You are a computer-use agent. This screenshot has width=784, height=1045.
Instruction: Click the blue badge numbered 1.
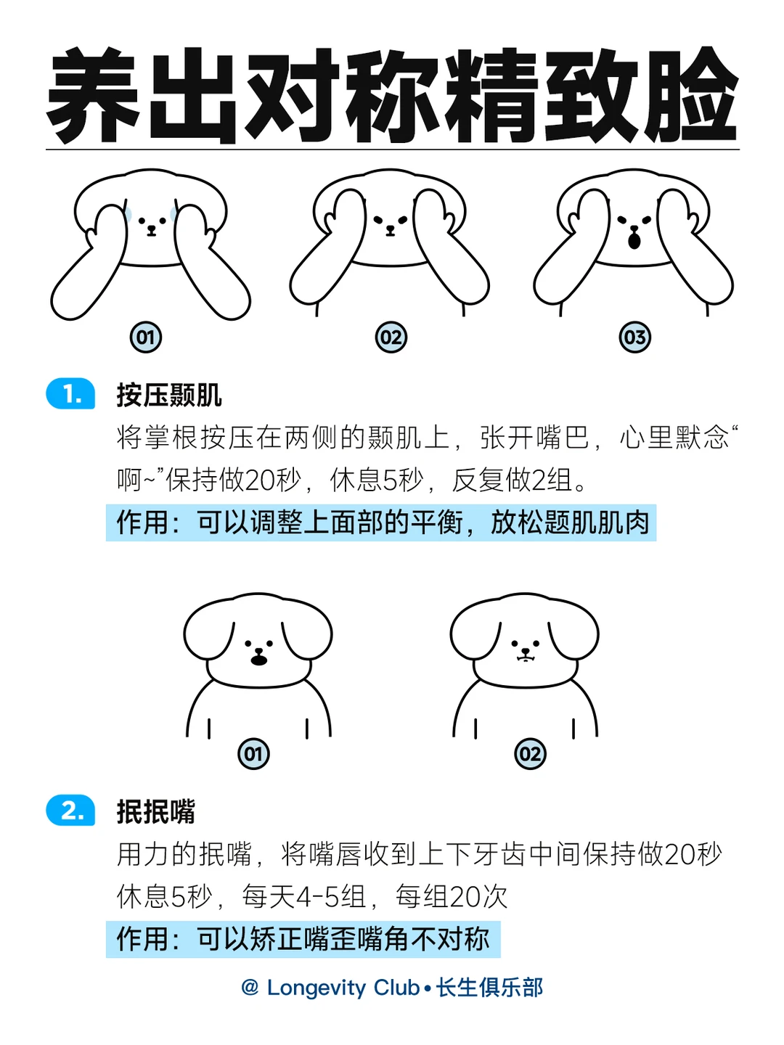(70, 393)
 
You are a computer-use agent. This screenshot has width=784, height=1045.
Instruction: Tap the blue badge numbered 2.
(70, 810)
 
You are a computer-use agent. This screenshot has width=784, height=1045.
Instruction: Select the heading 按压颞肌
(169, 395)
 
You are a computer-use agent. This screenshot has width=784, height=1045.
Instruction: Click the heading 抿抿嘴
(155, 811)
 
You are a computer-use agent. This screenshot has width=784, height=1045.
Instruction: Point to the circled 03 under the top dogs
(634, 337)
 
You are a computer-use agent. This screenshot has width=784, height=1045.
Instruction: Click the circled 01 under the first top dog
(146, 337)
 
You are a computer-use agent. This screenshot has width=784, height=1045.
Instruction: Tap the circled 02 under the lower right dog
(530, 754)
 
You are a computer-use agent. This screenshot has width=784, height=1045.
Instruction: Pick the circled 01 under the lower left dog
(253, 754)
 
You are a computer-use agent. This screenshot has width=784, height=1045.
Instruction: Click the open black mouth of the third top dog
(634, 240)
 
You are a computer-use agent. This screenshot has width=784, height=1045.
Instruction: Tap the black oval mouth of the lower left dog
(259, 660)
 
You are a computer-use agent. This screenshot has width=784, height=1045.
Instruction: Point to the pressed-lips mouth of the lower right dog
(525, 658)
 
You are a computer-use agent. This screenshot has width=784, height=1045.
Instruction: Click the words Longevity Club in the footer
(343, 988)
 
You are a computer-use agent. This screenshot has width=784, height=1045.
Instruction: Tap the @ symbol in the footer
(250, 988)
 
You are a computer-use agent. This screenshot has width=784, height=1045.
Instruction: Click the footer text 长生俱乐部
(489, 988)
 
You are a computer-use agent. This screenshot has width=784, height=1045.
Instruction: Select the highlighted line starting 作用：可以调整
(381, 522)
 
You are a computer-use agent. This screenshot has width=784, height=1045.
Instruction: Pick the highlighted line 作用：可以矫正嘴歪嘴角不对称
(303, 939)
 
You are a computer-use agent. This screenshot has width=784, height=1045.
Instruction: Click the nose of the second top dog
(391, 229)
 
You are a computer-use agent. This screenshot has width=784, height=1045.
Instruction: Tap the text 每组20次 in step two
(452, 897)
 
